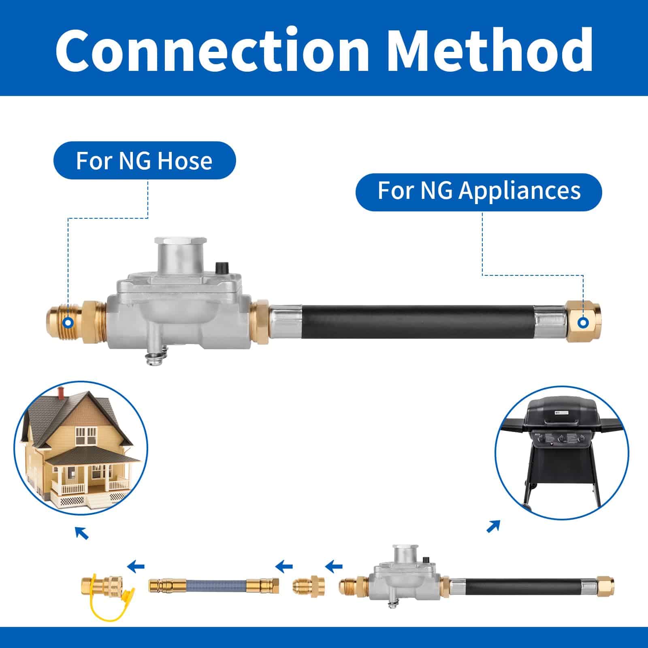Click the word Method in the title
click(492, 49)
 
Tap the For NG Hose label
click(144, 160)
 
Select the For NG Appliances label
click(479, 191)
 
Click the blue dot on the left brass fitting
click(68, 322)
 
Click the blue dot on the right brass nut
click(583, 322)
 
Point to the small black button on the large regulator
click(221, 268)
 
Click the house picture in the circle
click(81, 448)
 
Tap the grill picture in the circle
click(562, 452)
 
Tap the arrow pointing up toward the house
click(82, 533)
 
